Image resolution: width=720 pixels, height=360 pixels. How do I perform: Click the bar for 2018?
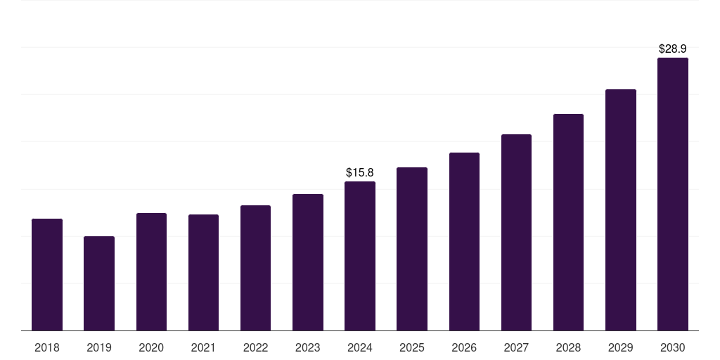pyautogui.click(x=47, y=275)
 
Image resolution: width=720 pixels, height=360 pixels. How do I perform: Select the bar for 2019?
pyautogui.click(x=99, y=283)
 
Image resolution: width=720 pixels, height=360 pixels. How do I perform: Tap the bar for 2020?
pyautogui.click(x=151, y=272)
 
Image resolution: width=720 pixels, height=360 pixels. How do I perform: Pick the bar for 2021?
pyautogui.click(x=203, y=273)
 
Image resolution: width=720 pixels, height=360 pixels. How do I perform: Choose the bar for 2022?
pyautogui.click(x=255, y=268)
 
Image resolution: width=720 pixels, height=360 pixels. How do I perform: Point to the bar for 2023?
pyautogui.click(x=308, y=262)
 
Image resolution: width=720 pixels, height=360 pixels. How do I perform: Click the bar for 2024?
pyautogui.click(x=360, y=256)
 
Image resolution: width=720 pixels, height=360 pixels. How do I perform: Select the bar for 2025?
pyautogui.click(x=412, y=249)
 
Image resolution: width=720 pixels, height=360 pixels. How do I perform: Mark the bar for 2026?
pyautogui.click(x=464, y=242)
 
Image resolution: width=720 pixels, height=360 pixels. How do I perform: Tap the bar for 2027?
pyautogui.click(x=516, y=233)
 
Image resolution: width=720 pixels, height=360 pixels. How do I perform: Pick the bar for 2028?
pyautogui.click(x=568, y=222)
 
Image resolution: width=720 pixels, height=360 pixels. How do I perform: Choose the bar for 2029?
pyautogui.click(x=620, y=210)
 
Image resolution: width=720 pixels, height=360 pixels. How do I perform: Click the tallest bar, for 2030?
pyautogui.click(x=673, y=194)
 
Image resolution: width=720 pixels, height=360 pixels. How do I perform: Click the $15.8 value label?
pyautogui.click(x=360, y=172)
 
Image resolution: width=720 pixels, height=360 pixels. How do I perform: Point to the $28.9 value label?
pyautogui.click(x=673, y=49)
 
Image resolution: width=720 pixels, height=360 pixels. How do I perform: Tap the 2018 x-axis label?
pyautogui.click(x=47, y=347)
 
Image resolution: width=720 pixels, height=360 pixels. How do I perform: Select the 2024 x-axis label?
pyautogui.click(x=360, y=347)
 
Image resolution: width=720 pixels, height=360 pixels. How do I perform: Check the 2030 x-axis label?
pyautogui.click(x=673, y=347)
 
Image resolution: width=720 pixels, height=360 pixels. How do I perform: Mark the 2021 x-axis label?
pyautogui.click(x=203, y=347)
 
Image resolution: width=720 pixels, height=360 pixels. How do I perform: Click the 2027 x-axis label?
pyautogui.click(x=516, y=347)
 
